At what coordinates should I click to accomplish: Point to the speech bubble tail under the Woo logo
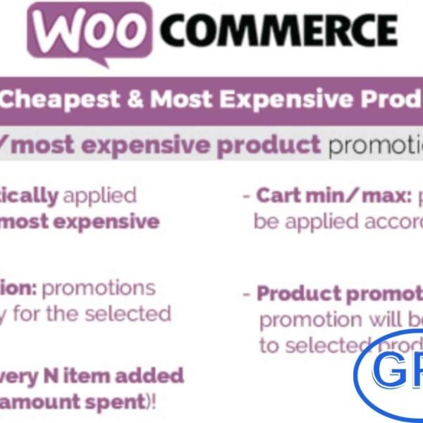tap(103, 63)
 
